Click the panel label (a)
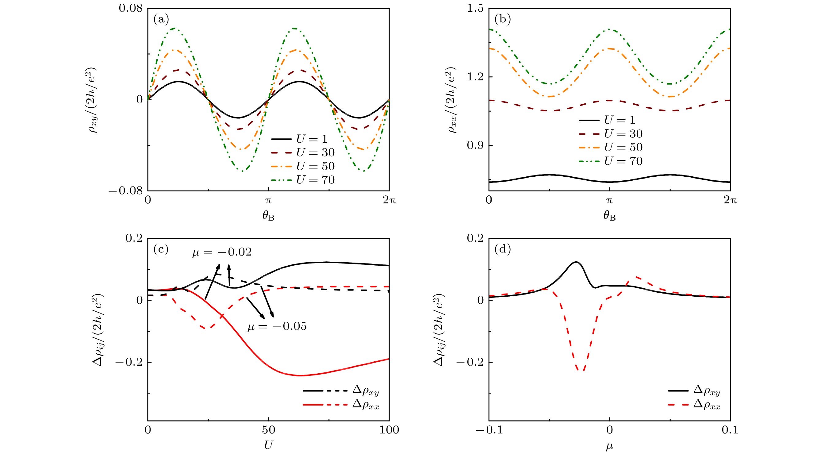click(x=161, y=20)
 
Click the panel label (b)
click(x=502, y=20)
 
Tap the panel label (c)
click(x=161, y=249)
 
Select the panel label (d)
click(x=502, y=249)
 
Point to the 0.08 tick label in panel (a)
click(x=131, y=8)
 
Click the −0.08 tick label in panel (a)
click(x=125, y=191)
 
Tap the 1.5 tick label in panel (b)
click(x=475, y=8)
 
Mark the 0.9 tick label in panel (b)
click(x=475, y=145)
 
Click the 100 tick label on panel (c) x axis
click(x=389, y=430)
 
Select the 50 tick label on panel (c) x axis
click(x=268, y=430)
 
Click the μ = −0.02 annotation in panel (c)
click(x=222, y=252)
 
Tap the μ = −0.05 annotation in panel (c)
click(x=277, y=326)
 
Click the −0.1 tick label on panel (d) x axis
click(x=489, y=430)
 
